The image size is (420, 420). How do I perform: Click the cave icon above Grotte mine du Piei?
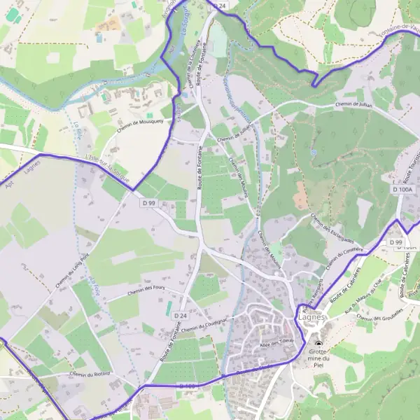point(320,344)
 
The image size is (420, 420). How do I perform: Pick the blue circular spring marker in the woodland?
point(314,151)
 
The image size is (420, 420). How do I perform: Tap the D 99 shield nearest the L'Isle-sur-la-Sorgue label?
point(148,203)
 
